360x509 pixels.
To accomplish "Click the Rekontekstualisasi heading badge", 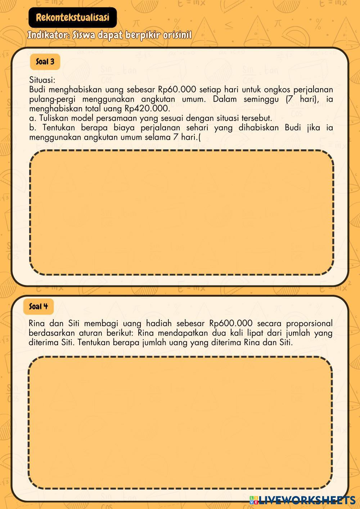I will click(x=72, y=17).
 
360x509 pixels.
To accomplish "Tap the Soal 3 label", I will click(x=45, y=62).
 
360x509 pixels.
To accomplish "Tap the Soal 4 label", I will click(x=38, y=306).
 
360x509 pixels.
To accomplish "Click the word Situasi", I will click(x=42, y=80).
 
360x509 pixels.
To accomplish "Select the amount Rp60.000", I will click(x=177, y=90).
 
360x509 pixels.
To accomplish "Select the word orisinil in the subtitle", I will click(x=177, y=36).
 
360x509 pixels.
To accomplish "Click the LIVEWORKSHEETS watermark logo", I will click(x=302, y=500).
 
